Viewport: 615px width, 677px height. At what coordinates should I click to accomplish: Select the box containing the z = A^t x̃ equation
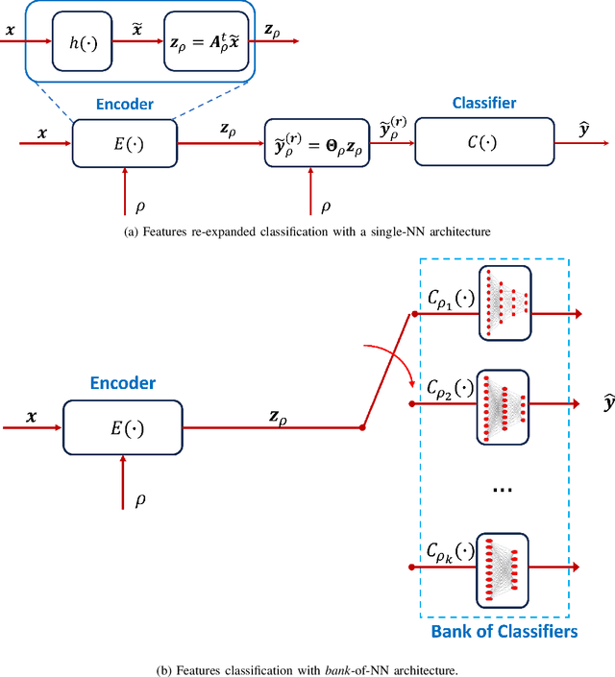point(209,42)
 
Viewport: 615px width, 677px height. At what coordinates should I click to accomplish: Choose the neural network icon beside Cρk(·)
point(504,568)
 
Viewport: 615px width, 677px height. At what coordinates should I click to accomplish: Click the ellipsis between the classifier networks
point(504,490)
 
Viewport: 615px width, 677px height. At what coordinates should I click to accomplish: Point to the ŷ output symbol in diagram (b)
point(606,406)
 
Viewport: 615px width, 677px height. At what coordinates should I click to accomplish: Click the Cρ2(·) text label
point(449,389)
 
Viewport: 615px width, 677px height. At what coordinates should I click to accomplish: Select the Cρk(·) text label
point(449,555)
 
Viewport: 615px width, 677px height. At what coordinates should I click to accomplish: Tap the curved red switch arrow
point(392,363)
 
